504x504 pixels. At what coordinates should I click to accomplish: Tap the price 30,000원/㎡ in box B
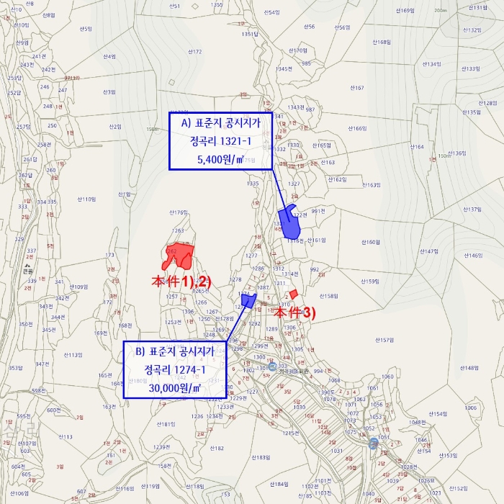[175, 387]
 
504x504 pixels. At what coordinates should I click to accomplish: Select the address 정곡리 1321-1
[220, 141]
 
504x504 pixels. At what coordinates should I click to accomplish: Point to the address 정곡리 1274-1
[175, 370]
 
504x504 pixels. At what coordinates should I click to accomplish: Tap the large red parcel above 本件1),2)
[180, 255]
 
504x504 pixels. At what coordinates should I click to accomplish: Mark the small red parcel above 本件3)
[294, 294]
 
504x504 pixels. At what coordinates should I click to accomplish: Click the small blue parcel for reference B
[248, 300]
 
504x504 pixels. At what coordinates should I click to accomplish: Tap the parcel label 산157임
[384, 340]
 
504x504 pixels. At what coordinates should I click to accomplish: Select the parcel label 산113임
[73, 355]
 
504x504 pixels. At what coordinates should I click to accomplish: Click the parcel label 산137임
[470, 210]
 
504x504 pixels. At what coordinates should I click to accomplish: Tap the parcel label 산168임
[380, 42]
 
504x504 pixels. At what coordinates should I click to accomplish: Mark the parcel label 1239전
[163, 446]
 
